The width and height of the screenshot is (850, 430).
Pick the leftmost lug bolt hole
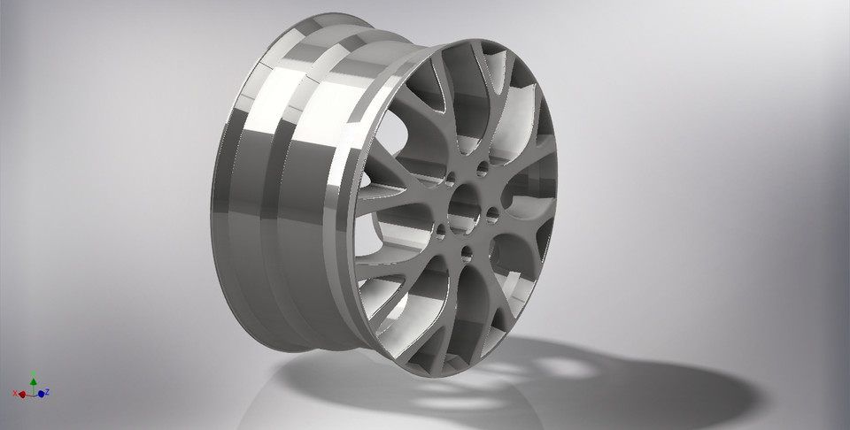tap(440, 232)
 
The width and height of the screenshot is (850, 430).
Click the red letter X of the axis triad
tap(16, 393)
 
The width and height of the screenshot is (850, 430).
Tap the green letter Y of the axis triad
tap(33, 375)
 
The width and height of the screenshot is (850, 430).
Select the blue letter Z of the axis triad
tap(46, 390)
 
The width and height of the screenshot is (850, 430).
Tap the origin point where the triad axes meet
tap(33, 393)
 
